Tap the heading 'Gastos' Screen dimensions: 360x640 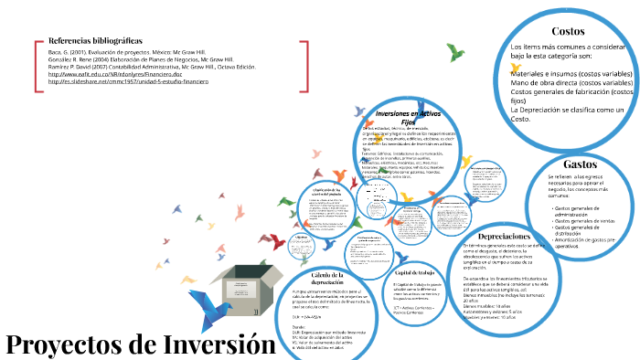[581, 164]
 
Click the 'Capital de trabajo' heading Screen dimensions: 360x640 [411, 273]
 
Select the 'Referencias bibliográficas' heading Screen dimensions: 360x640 [95, 42]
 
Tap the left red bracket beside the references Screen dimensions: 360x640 [37, 64]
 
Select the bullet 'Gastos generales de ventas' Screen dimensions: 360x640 [585, 221]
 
